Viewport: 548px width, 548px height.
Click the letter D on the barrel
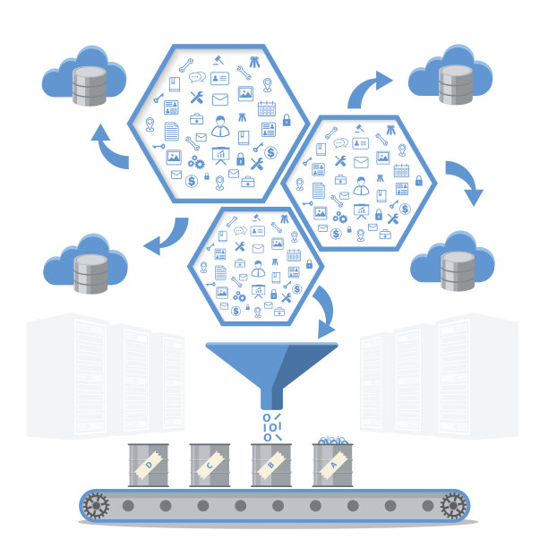point(149,465)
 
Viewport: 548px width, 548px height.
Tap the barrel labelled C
point(210,465)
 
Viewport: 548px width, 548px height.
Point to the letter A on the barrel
point(334,465)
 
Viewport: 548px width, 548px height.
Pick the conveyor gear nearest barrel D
point(94,508)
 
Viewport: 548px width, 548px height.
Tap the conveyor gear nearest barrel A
point(454,508)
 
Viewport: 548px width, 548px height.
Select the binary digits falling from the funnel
point(272,427)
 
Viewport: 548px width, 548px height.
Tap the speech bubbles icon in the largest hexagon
point(198,77)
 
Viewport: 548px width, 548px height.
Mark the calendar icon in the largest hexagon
point(266,109)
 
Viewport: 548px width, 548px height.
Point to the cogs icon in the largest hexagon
point(196,162)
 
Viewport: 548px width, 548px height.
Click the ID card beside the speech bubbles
point(220,79)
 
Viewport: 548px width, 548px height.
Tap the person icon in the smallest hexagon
point(257,267)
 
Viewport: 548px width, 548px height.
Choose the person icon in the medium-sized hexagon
point(360,184)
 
